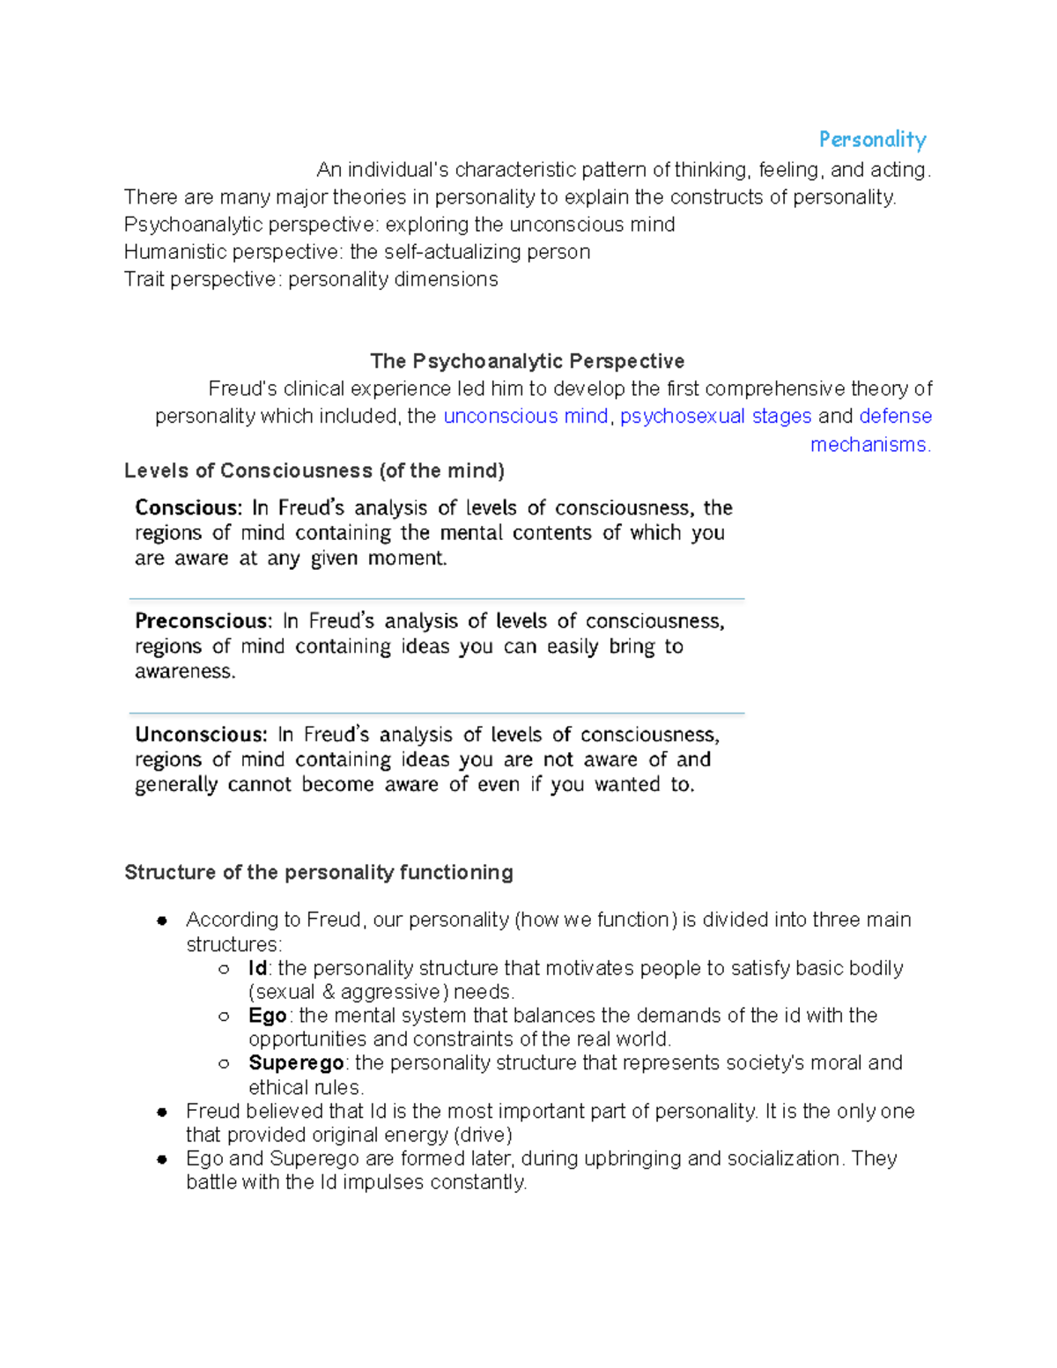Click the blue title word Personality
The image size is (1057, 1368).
coord(872,140)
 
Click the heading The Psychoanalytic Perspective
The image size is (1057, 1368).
coord(527,361)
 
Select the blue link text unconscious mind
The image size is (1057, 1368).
coord(526,416)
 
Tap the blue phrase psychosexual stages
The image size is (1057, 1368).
coord(715,416)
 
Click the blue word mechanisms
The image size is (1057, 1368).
coord(869,445)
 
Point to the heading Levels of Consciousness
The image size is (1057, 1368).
coord(314,470)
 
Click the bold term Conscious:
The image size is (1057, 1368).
coord(188,508)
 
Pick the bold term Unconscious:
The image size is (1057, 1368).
coord(201,735)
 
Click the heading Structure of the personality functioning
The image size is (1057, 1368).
coord(318,872)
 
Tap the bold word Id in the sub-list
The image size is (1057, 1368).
coord(257,968)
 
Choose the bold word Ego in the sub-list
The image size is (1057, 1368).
coord(267,1016)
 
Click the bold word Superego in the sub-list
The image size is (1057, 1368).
coord(296,1063)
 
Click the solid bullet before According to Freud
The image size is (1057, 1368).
coord(162,921)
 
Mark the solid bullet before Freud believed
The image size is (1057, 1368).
coord(162,1112)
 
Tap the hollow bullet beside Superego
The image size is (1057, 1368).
coord(224,1063)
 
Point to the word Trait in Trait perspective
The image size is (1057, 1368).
coord(144,279)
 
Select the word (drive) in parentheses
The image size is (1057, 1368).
coord(482,1135)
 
